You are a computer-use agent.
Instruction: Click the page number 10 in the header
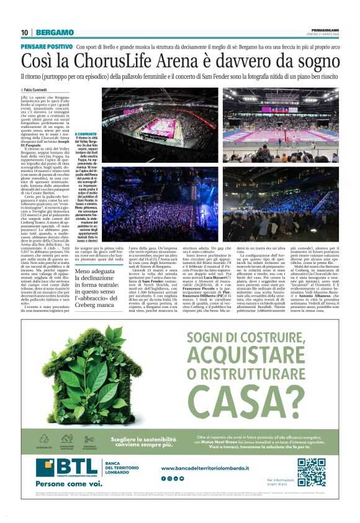pyautogui.click(x=24, y=32)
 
